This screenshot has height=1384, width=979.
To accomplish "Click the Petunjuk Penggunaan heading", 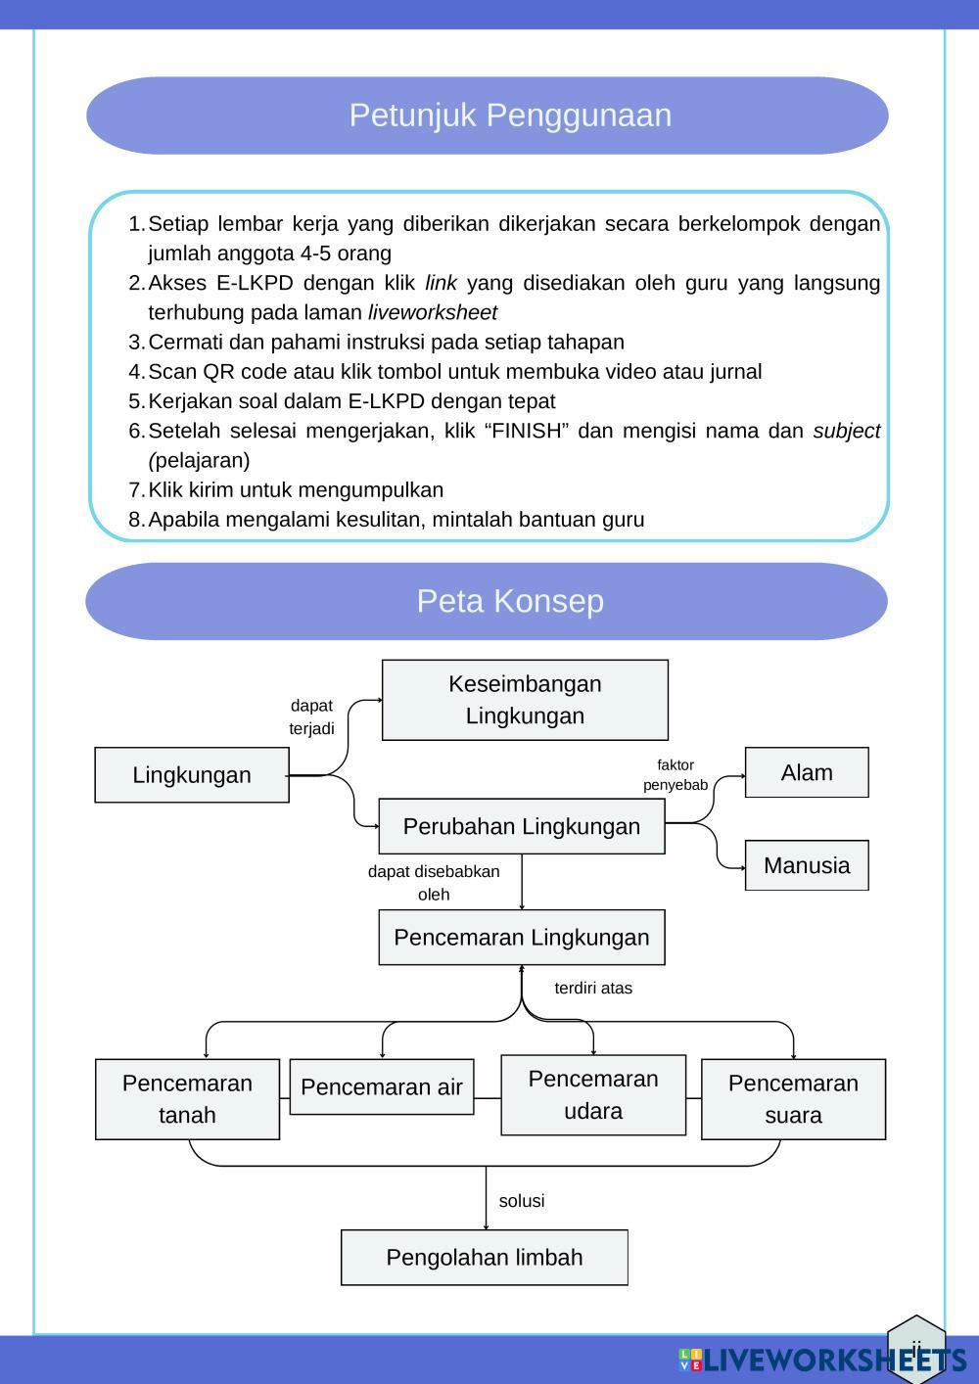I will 510,115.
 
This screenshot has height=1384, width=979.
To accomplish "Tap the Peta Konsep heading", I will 510,601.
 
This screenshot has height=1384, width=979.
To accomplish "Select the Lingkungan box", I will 192,775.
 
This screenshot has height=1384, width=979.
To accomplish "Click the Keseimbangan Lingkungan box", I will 525,700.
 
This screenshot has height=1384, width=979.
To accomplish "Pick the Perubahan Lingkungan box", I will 522,827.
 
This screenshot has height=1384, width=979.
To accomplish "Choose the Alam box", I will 807,773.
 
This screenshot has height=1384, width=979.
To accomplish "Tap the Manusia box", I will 807,865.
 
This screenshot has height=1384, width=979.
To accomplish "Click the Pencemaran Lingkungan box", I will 522,938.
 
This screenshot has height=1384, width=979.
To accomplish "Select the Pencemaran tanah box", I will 187,1099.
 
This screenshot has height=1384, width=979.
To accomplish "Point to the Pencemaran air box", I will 382,1086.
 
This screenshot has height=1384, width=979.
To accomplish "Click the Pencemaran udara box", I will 593,1095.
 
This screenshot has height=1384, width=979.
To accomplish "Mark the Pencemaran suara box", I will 793,1099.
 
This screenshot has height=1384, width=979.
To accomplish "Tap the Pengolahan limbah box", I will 485,1258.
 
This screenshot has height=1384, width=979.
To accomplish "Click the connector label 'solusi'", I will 522,1201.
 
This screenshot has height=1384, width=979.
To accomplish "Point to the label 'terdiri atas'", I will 593,989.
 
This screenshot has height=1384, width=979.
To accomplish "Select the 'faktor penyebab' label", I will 676,775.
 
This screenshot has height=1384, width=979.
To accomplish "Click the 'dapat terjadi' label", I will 311,717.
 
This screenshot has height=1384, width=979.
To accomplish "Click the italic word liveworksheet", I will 433,313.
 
